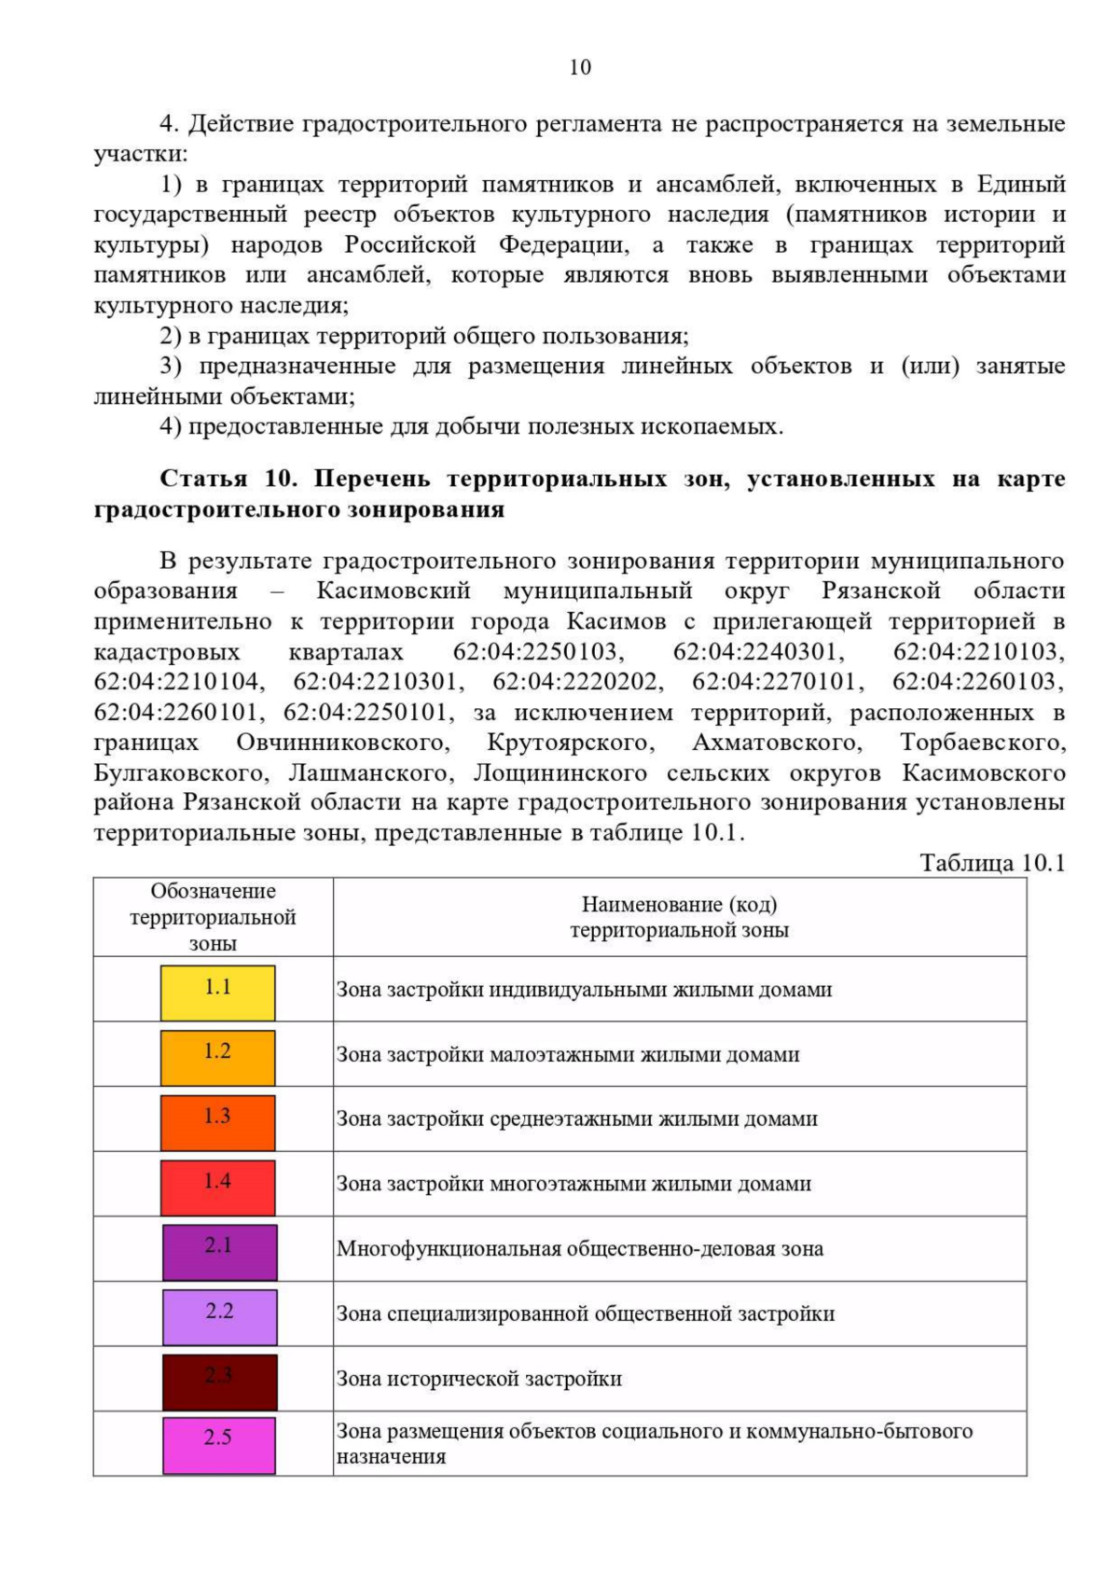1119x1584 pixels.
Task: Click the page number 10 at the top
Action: pos(579,67)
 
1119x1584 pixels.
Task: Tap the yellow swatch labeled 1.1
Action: pos(217,993)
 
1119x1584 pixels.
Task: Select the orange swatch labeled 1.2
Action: pos(217,1057)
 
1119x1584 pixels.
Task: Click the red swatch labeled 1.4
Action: pos(217,1187)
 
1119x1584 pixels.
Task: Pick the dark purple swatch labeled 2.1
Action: pos(219,1251)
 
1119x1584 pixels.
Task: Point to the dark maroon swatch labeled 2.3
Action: pos(219,1381)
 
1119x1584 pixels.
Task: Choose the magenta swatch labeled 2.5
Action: pos(219,1445)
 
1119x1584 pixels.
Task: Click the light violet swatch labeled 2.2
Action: pos(219,1316)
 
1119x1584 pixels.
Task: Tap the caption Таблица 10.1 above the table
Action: pos(992,862)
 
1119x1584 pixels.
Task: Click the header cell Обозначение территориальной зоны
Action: pos(213,917)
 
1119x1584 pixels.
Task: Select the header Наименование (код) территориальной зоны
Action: pos(679,917)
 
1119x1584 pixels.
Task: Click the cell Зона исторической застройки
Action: pos(478,1379)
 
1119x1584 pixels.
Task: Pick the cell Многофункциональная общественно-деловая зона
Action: pos(579,1249)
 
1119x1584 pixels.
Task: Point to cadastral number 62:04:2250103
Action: pos(539,651)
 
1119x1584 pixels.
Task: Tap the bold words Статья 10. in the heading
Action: pos(229,479)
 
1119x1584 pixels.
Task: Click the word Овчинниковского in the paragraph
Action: pos(343,743)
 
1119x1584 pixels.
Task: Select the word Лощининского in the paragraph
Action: pos(559,773)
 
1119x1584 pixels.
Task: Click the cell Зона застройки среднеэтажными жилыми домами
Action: pos(576,1119)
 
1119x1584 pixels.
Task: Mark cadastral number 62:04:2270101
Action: pos(773,682)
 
